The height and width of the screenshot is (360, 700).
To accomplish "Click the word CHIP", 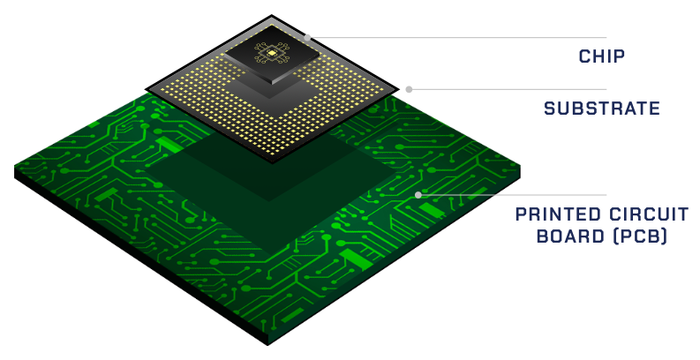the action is point(601,56).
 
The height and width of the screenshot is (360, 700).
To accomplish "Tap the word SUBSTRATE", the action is point(602,109).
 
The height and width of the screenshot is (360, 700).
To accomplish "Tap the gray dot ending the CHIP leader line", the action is point(307,37).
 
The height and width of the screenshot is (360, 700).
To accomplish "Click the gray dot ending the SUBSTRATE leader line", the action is point(409,89).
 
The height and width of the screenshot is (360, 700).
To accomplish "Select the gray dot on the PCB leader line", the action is point(418,195).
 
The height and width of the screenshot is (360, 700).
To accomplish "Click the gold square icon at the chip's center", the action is point(271,53).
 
